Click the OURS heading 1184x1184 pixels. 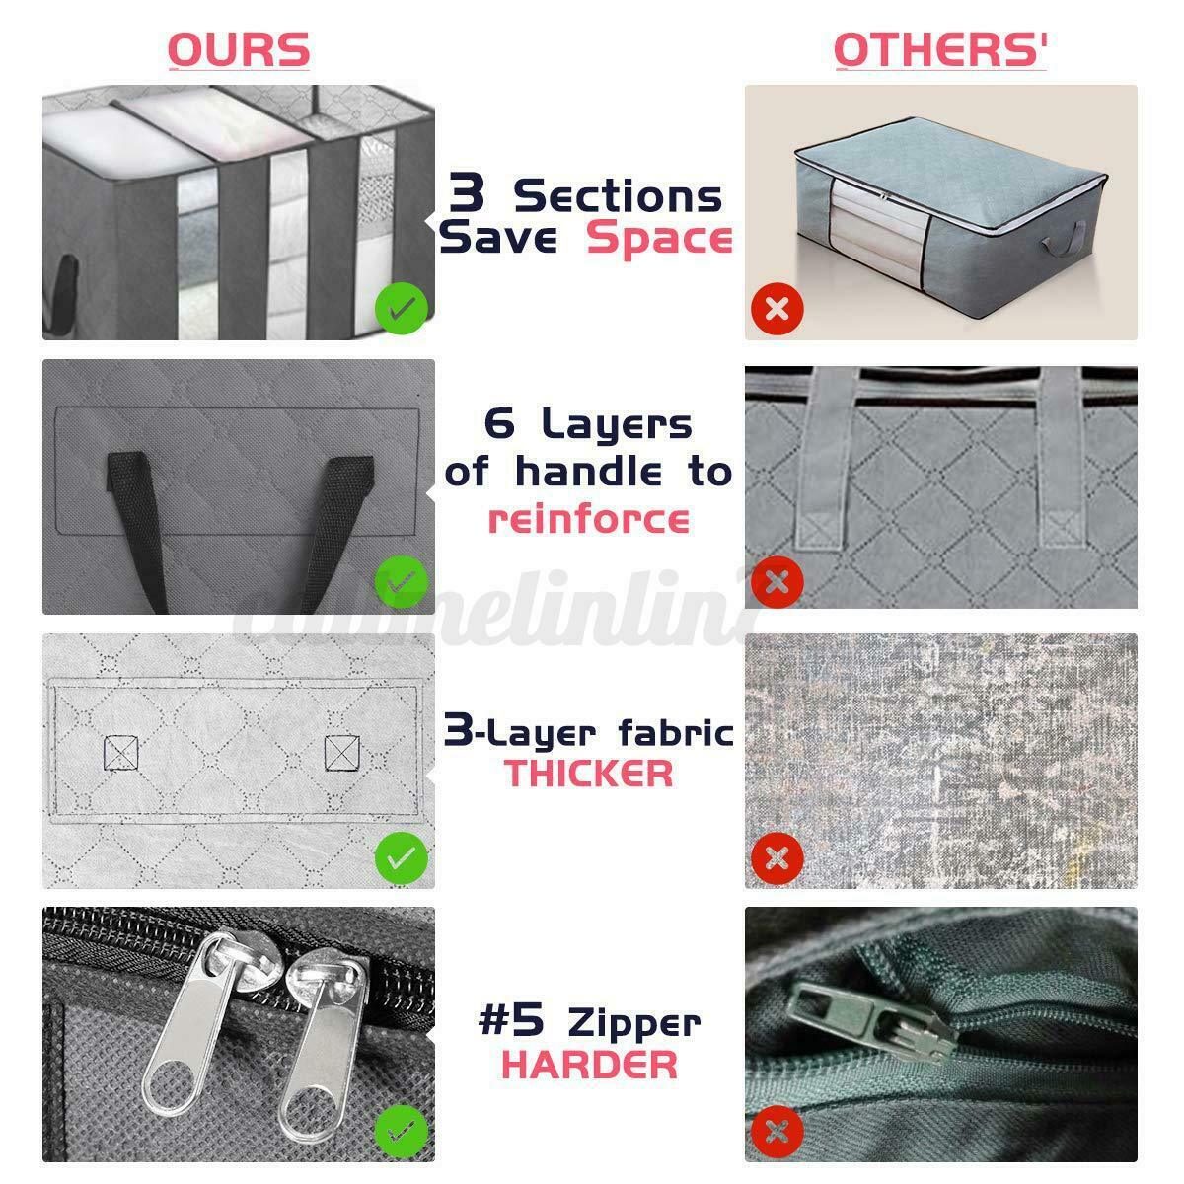click(x=239, y=49)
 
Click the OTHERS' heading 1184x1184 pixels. click(x=940, y=49)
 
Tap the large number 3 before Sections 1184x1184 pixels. click(x=467, y=192)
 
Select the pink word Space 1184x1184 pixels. click(x=659, y=238)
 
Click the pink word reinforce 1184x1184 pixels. click(x=589, y=519)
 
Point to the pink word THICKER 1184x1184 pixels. click(x=589, y=774)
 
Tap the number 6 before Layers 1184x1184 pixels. click(x=499, y=423)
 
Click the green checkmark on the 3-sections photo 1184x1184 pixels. click(x=402, y=309)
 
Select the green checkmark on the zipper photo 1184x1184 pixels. click(x=402, y=1131)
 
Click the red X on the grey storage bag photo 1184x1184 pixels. click(x=777, y=309)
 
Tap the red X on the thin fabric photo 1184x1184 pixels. click(x=777, y=857)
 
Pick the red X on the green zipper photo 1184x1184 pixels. click(x=777, y=1131)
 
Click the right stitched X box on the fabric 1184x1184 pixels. click(x=341, y=752)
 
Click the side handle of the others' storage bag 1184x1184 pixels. click(x=1063, y=240)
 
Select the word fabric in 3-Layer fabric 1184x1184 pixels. click(x=676, y=732)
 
